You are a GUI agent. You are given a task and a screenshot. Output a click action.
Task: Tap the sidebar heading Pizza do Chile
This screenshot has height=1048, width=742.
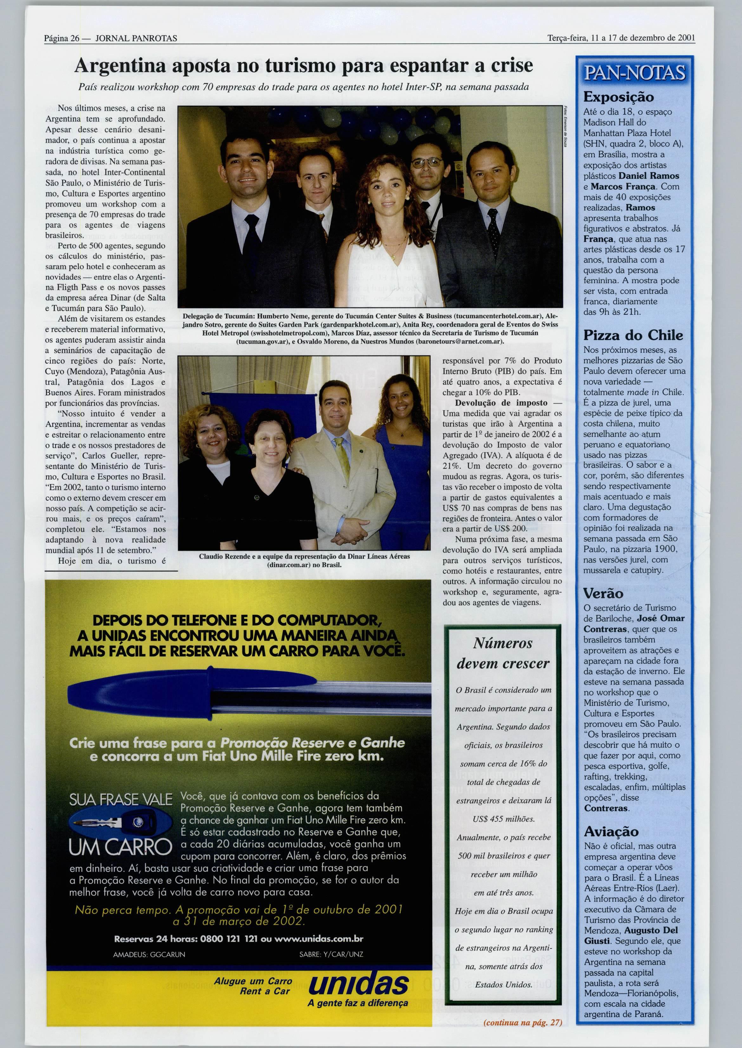point(633,335)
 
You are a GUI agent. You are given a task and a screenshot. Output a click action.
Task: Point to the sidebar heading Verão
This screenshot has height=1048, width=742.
point(603,593)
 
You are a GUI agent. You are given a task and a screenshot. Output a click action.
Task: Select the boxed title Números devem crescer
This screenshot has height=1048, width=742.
point(503,653)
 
